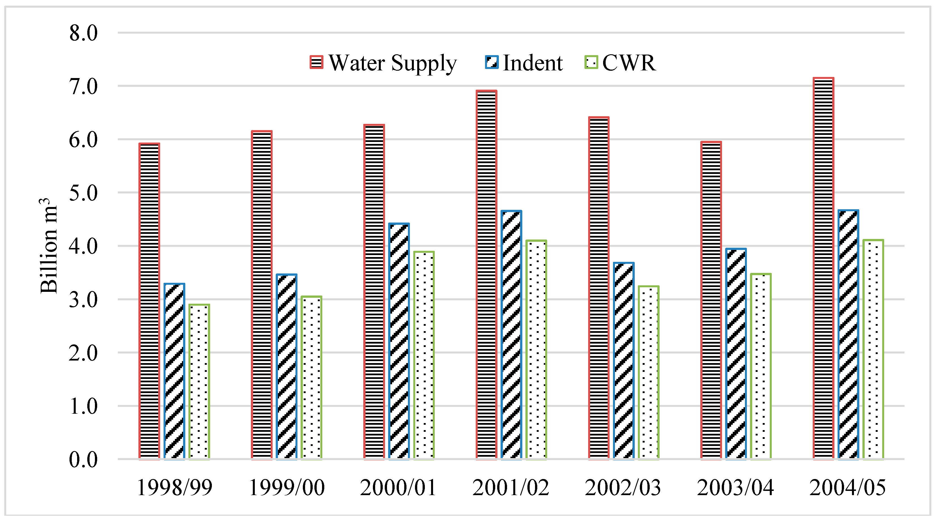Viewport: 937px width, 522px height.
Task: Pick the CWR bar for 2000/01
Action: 424,355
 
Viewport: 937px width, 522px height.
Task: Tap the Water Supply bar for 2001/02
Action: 486,275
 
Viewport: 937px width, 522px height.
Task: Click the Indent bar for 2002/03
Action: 623,360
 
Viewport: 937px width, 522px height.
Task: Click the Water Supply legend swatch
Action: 316,62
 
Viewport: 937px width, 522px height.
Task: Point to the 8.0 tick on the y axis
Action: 83,33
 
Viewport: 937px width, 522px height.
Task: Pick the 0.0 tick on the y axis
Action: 83,460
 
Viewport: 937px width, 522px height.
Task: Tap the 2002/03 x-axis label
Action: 623,488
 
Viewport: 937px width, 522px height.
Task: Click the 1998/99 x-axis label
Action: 174,488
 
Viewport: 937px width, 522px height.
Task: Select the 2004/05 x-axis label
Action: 847,488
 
